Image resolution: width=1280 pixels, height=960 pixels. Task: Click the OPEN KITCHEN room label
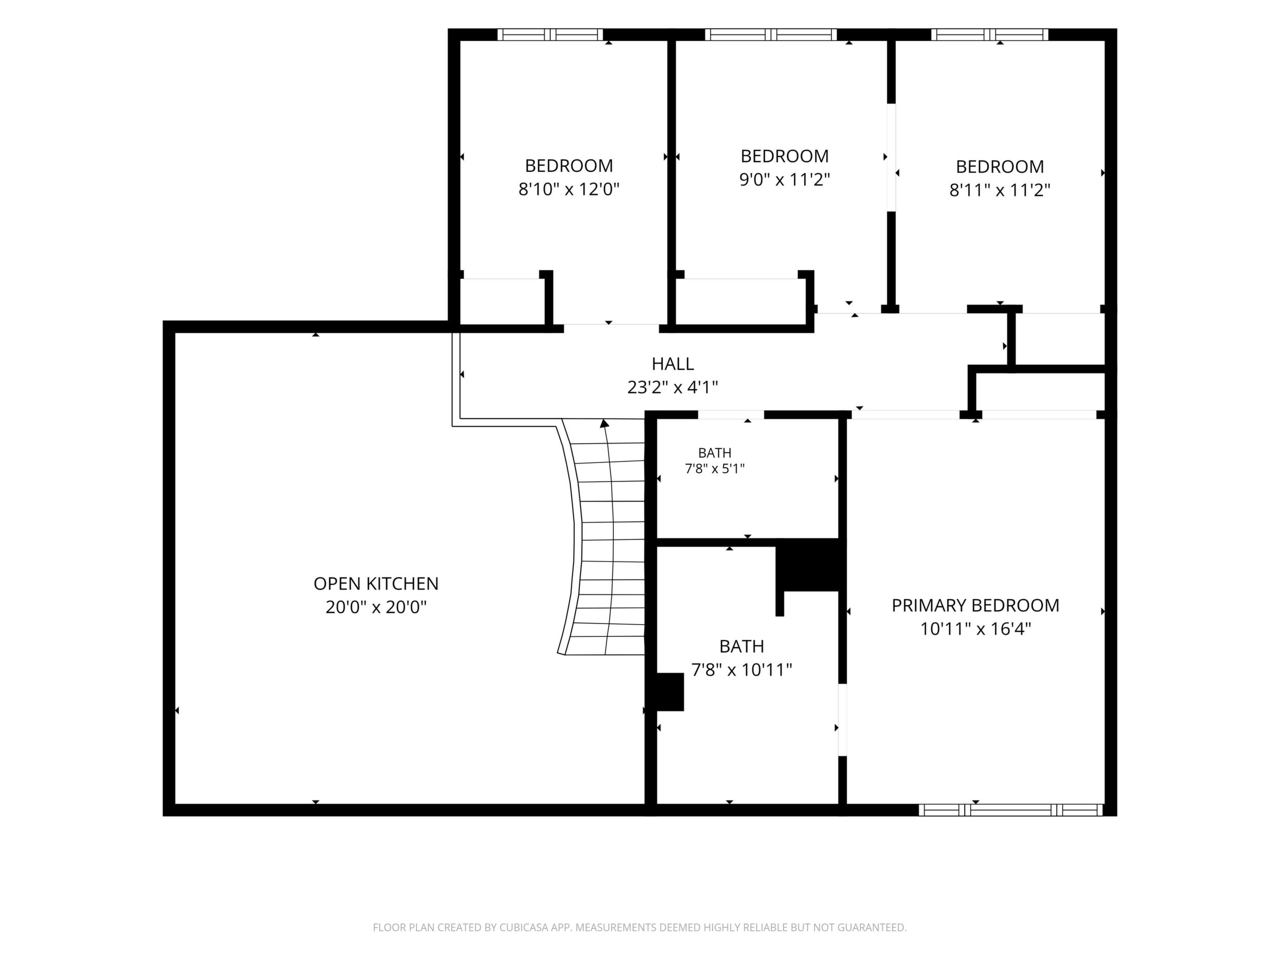pyautogui.click(x=376, y=583)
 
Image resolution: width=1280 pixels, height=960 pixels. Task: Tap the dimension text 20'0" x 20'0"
pyautogui.click(x=376, y=607)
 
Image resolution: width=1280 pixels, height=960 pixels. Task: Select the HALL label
pyautogui.click(x=672, y=364)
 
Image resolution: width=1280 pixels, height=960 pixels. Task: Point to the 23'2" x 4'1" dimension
pyautogui.click(x=672, y=387)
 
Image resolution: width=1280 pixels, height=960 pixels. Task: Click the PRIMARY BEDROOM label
pyautogui.click(x=975, y=605)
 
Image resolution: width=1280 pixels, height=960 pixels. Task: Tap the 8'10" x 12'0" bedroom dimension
pyautogui.click(x=569, y=189)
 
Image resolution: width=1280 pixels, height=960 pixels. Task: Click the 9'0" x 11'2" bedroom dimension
pyautogui.click(x=785, y=179)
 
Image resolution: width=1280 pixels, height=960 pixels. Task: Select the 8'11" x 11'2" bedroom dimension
pyautogui.click(x=1000, y=190)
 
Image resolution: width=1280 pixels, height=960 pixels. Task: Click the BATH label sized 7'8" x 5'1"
pyautogui.click(x=715, y=452)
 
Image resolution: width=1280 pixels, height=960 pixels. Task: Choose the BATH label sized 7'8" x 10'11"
pyautogui.click(x=742, y=646)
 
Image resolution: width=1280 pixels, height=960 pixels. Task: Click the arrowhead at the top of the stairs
pyautogui.click(x=605, y=423)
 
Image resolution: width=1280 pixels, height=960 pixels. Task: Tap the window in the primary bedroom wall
pyautogui.click(x=1011, y=810)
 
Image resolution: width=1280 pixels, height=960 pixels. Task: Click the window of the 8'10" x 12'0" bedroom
pyautogui.click(x=550, y=35)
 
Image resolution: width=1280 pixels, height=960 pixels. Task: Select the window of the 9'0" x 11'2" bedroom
pyautogui.click(x=771, y=35)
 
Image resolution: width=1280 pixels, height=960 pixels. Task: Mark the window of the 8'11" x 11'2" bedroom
pyautogui.click(x=990, y=35)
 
